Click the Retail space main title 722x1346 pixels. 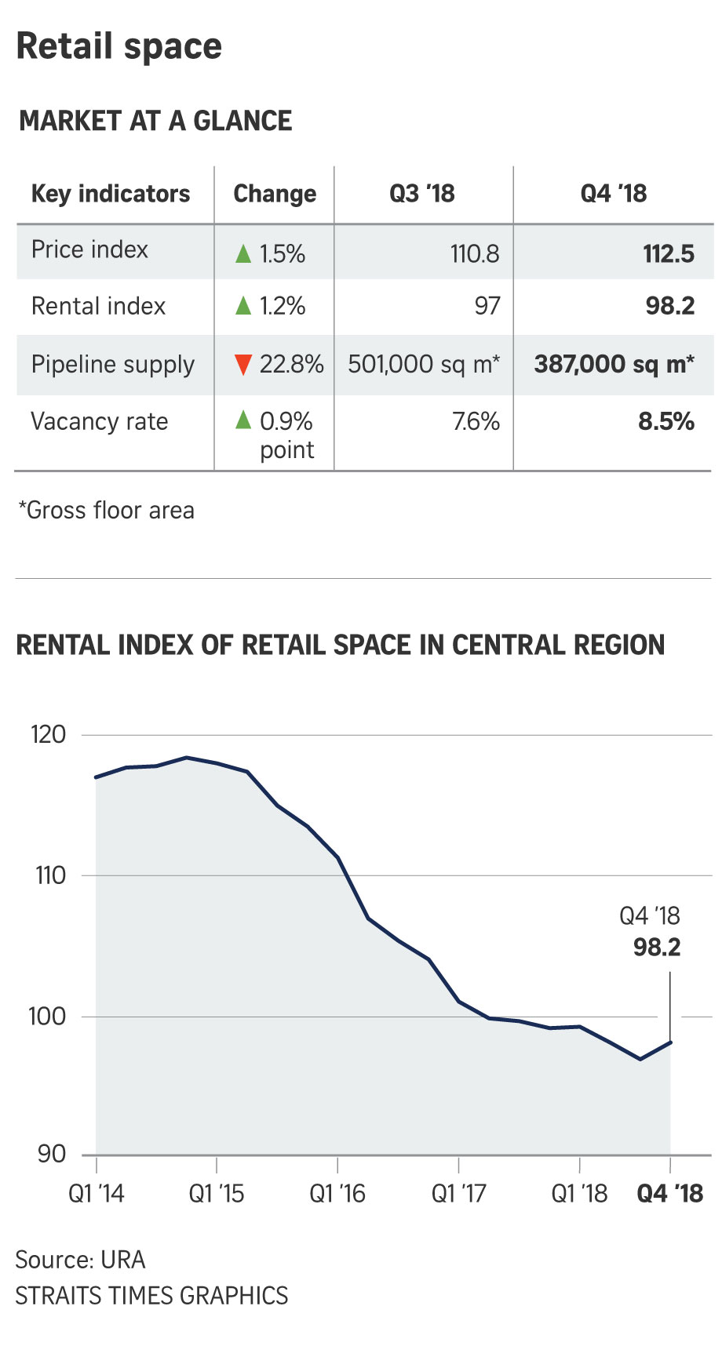tap(119, 46)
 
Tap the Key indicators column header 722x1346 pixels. tap(111, 194)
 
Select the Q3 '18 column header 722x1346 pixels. tap(422, 194)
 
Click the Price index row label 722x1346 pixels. tap(89, 249)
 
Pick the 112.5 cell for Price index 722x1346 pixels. tap(669, 254)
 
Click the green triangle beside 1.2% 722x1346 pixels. tap(243, 306)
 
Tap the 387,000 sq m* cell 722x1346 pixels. tap(614, 364)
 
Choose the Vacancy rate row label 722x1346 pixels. tap(100, 422)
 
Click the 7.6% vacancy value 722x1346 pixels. tap(476, 422)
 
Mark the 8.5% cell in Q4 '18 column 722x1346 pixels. tap(666, 422)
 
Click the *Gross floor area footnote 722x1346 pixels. tap(107, 511)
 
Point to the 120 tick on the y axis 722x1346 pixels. tap(49, 735)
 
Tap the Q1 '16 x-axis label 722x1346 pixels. tap(337, 1194)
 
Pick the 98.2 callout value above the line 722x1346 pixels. tap(657, 948)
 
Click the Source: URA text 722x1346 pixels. tap(80, 1260)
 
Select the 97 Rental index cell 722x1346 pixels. tap(487, 306)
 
